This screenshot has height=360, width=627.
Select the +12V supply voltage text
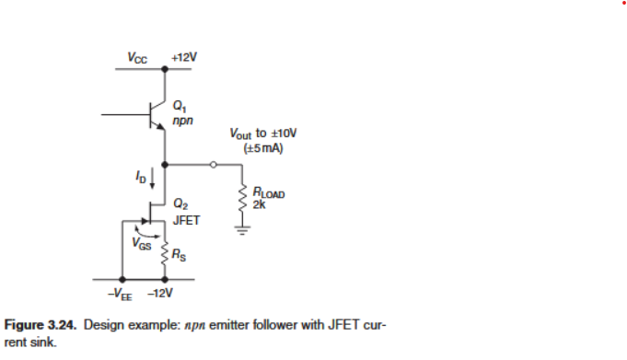(184, 57)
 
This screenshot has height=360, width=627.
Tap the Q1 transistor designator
(178, 106)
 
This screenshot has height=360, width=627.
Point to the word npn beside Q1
(181, 120)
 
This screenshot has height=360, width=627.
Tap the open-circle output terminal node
(214, 167)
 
